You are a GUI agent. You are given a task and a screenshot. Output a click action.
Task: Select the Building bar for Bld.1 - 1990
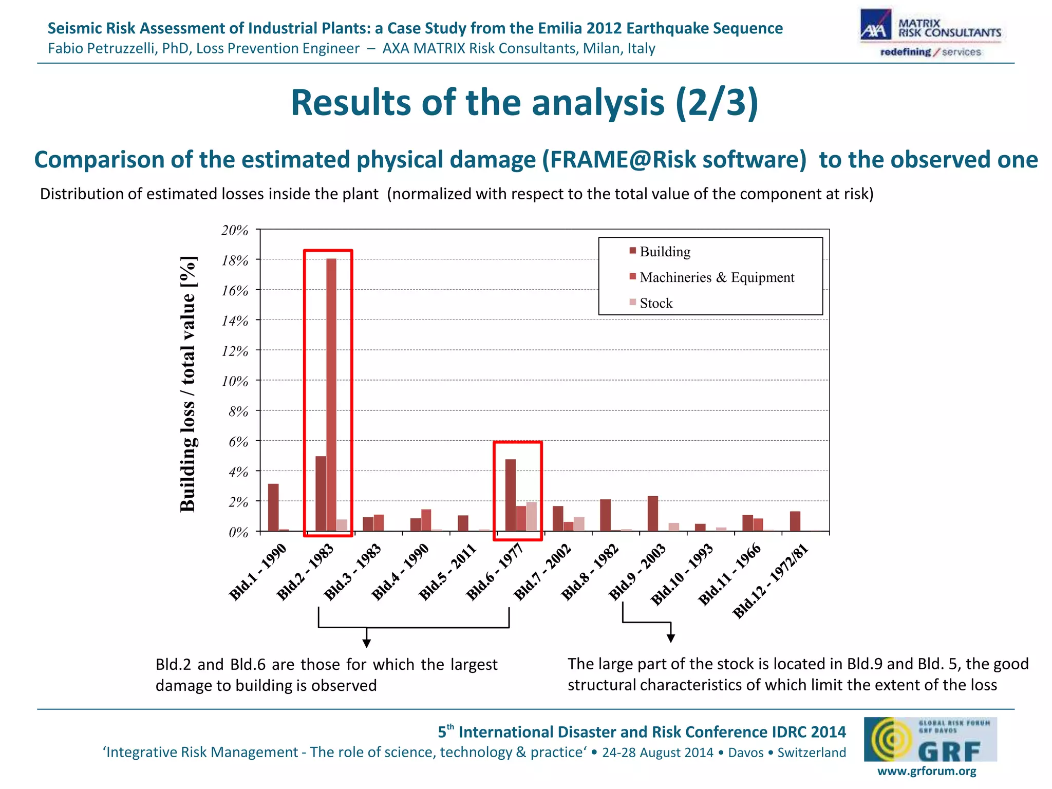point(273,507)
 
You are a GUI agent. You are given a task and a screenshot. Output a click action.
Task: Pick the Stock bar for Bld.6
point(532,516)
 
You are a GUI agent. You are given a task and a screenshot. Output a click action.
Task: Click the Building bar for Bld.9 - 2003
point(653,513)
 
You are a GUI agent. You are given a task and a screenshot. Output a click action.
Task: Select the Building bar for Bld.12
point(795,521)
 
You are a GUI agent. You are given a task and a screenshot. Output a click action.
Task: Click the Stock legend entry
point(655,303)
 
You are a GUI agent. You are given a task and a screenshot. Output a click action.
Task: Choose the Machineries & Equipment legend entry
point(717,277)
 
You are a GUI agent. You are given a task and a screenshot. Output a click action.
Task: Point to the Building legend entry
point(665,252)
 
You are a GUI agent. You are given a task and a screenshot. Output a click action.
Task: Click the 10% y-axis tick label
point(235,381)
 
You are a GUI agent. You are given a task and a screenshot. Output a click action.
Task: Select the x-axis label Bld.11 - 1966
point(729,574)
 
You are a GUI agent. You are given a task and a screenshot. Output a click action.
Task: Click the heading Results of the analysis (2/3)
point(524,103)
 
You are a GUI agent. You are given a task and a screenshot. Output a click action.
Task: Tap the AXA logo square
point(876,26)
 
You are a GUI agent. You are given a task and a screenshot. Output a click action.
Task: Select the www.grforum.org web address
point(927,771)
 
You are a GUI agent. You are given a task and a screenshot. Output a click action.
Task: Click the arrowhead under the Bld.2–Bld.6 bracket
point(367,643)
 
